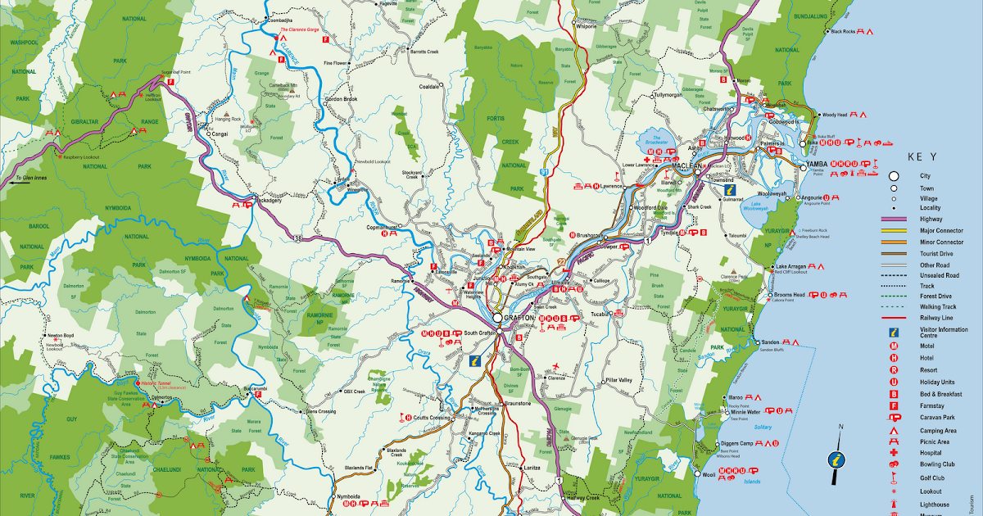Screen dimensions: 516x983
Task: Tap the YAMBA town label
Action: pyautogui.click(x=818, y=164)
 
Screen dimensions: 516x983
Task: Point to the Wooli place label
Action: pyautogui.click(x=709, y=473)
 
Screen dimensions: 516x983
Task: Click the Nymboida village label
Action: pyautogui.click(x=348, y=496)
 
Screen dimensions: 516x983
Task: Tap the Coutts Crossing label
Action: pyautogui.click(x=432, y=418)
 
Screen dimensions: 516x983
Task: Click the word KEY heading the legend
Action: pyautogui.click(x=922, y=155)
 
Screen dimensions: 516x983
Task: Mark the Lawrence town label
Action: pyautogui.click(x=612, y=187)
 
